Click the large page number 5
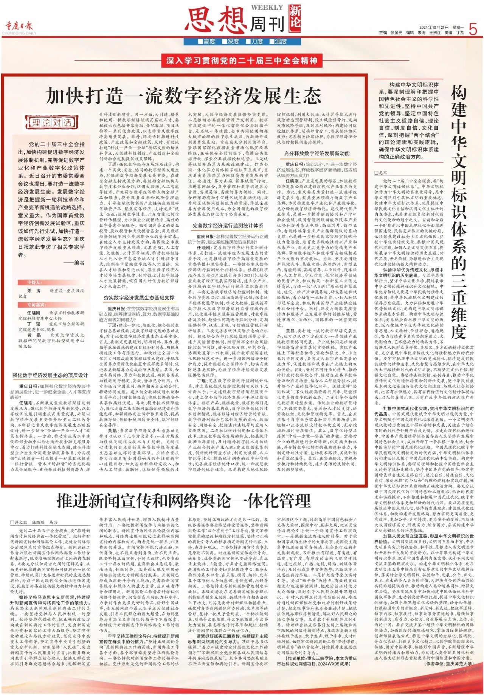pos(472,29)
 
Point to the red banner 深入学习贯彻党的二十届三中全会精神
pos(242,60)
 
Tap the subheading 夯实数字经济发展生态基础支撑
pos(139,298)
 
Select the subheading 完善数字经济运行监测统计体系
pos(228,226)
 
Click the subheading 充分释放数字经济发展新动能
pos(317,153)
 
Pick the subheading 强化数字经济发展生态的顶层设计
pos(50,375)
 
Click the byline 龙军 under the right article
pos(382,172)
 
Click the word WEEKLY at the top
pos(267,8)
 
